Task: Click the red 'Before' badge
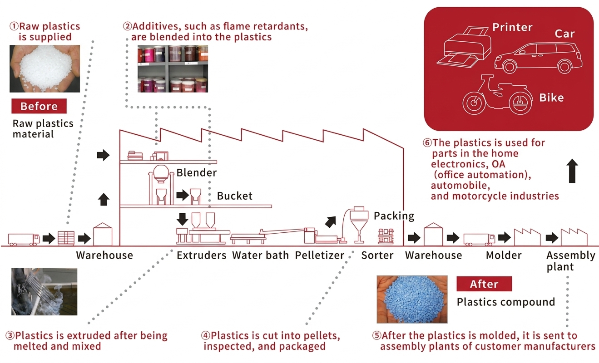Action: (x=39, y=106)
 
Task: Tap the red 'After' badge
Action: (x=484, y=284)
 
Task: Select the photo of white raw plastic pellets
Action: (x=45, y=69)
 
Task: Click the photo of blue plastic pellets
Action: (x=412, y=299)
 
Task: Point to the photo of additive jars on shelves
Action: (x=173, y=69)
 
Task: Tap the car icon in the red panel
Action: (x=538, y=58)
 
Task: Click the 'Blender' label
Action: (x=197, y=172)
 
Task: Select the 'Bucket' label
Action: (x=234, y=196)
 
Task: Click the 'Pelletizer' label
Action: (x=319, y=255)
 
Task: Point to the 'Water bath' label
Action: (x=261, y=255)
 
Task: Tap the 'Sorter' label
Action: (x=377, y=255)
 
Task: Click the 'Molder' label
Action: (x=504, y=255)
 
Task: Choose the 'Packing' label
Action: (x=394, y=216)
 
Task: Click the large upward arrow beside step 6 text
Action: (x=572, y=171)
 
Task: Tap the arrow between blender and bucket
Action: (x=183, y=195)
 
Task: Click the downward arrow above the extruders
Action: (x=183, y=219)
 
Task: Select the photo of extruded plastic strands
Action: (x=45, y=292)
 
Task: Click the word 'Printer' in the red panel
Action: (x=512, y=27)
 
